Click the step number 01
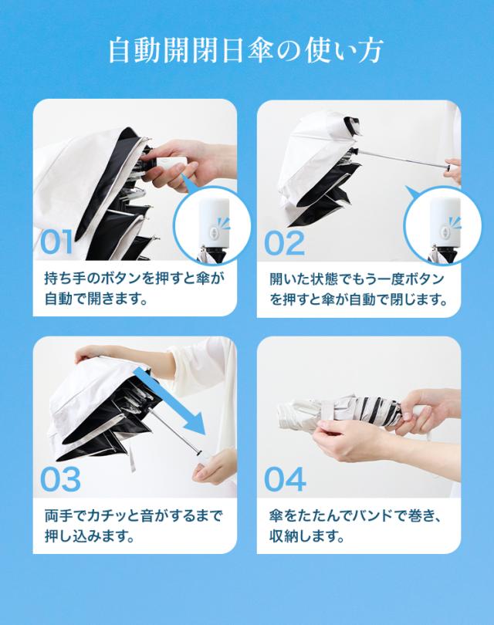click(56, 242)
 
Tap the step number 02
click(284, 243)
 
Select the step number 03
click(61, 479)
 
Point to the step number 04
click(285, 479)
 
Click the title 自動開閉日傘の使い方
click(246, 51)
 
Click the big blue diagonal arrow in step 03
click(170, 401)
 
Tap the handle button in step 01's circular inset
click(215, 233)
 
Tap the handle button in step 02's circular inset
click(445, 233)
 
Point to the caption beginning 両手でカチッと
click(134, 525)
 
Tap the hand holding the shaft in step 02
click(453, 171)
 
